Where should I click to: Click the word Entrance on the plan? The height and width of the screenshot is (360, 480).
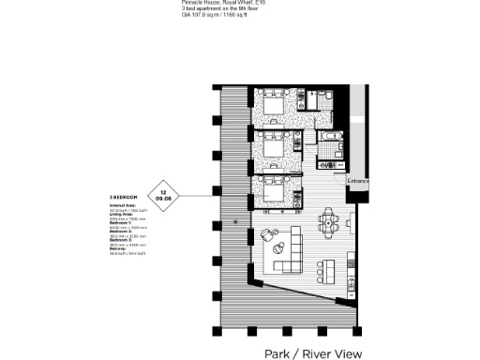coord(358,180)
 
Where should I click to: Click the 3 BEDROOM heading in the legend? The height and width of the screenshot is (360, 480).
coord(124,198)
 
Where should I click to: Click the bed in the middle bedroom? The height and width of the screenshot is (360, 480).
coord(274,148)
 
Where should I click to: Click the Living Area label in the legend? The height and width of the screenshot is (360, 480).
coord(122,213)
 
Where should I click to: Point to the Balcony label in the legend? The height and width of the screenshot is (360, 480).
coord(120,249)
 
